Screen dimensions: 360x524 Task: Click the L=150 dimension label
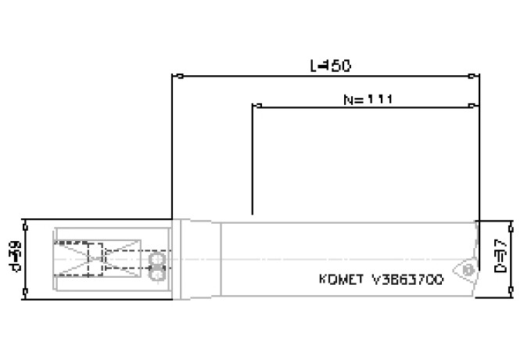329,67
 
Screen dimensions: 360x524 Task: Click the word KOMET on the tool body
341,279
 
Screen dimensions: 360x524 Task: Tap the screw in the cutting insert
468,268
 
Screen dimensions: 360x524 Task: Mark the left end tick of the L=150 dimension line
179,77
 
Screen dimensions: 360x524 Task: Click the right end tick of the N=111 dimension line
471,105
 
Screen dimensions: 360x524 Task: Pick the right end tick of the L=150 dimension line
471,77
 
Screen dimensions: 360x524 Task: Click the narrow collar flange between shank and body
178,258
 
